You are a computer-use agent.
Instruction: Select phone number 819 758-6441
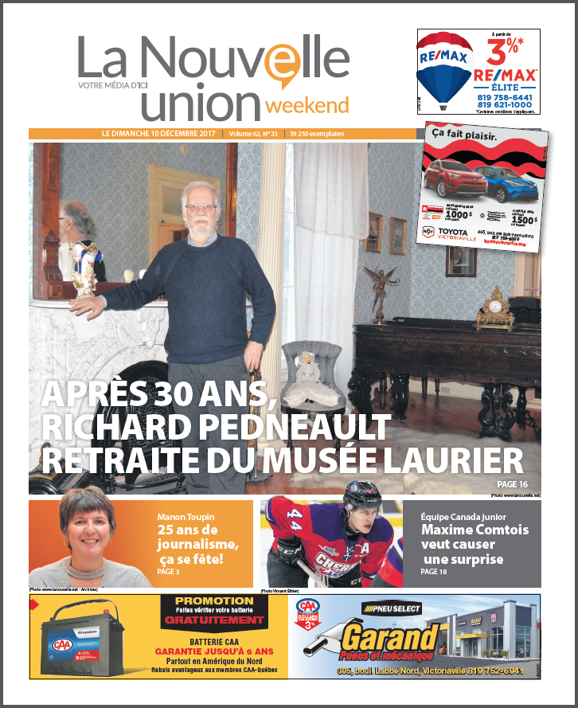coord(505,96)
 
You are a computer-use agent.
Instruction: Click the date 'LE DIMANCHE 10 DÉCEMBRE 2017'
coord(160,134)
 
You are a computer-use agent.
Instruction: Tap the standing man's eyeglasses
coord(201,208)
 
